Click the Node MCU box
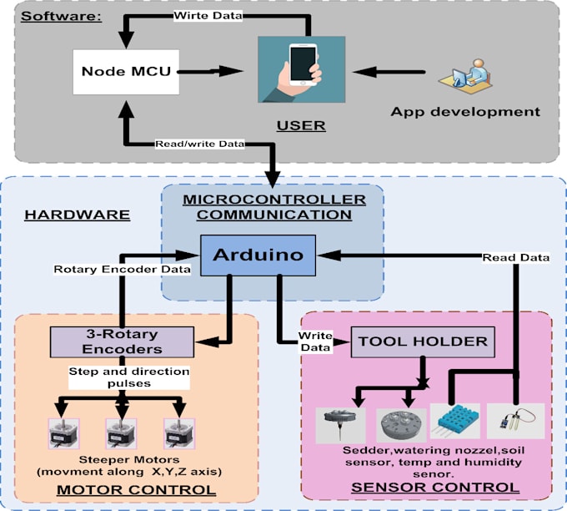127,72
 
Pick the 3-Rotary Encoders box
122,341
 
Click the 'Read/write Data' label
200,144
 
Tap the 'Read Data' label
515,257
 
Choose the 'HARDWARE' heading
77,215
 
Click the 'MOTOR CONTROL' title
137,489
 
